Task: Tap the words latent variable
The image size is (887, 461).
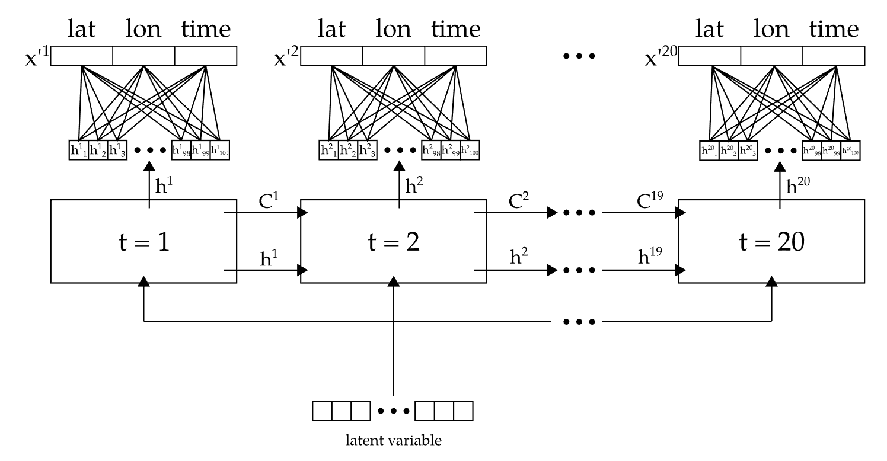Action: (x=393, y=440)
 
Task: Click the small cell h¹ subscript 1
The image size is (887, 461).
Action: (x=78, y=151)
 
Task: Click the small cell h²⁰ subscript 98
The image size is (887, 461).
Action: (x=812, y=151)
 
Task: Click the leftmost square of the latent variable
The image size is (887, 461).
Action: (x=322, y=410)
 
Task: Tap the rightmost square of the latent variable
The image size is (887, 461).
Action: (x=463, y=410)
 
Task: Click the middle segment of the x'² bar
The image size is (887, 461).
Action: (x=394, y=56)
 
